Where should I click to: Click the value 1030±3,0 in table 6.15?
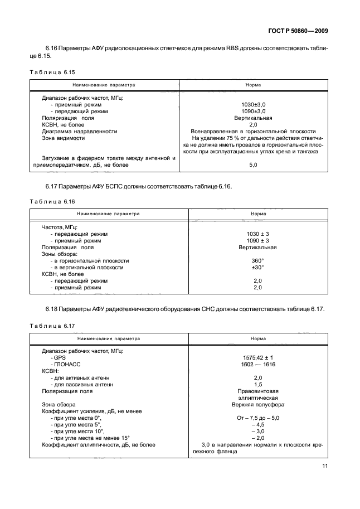(x=253, y=104)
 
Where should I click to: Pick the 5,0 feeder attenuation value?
(x=253, y=165)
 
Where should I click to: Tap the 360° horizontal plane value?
(x=257, y=260)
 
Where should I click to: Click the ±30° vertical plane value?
(x=257, y=267)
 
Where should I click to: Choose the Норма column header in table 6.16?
(x=257, y=214)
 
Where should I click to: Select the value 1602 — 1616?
(x=257, y=364)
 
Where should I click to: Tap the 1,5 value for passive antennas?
(x=257, y=384)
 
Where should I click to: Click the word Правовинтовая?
(x=257, y=391)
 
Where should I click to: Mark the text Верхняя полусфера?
(x=257, y=404)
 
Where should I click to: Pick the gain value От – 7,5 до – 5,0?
(x=257, y=418)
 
